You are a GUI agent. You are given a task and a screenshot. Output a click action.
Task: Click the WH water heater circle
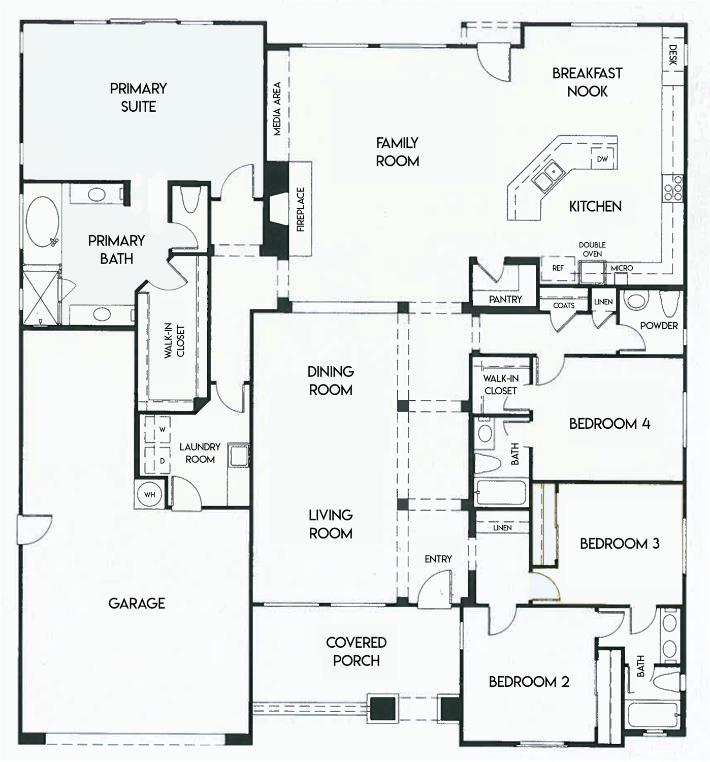click(150, 494)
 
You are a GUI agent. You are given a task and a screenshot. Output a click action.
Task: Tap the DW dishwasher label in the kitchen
click(602, 159)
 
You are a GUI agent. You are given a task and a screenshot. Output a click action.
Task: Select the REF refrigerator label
click(558, 268)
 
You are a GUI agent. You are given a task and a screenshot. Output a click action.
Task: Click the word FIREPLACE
click(301, 209)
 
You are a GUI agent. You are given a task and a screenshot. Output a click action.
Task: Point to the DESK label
click(673, 55)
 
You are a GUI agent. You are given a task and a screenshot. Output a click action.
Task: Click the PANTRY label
click(505, 299)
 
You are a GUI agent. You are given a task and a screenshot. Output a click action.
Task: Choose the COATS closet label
click(564, 305)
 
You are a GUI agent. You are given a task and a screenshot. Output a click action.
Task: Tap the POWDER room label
click(659, 326)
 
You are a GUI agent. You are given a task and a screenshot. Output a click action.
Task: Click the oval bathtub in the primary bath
click(43, 223)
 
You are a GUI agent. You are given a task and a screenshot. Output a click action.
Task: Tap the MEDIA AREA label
click(277, 109)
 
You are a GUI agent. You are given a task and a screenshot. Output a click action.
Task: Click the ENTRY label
click(438, 559)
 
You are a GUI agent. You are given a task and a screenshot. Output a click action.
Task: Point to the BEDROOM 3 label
click(620, 544)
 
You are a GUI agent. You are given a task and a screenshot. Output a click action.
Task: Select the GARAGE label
click(137, 604)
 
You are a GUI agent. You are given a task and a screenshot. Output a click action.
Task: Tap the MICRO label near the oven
click(622, 268)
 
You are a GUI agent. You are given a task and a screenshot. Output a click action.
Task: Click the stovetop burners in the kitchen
click(673, 188)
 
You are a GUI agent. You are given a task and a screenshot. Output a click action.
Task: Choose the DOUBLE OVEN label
click(592, 249)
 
